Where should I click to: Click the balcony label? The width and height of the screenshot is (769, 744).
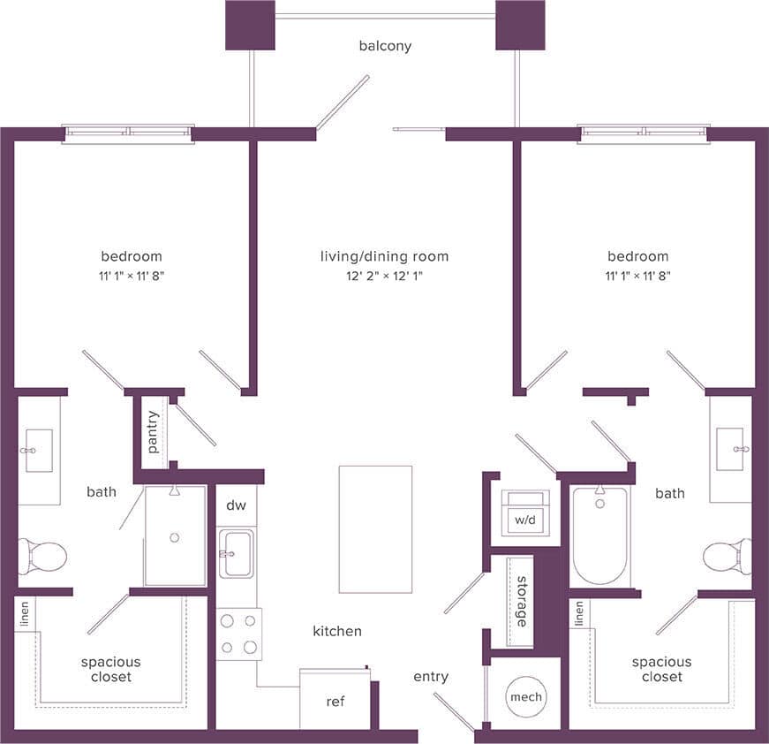click(385, 46)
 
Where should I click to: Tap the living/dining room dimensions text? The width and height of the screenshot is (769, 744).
click(384, 276)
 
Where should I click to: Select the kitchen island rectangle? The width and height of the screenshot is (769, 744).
click(375, 528)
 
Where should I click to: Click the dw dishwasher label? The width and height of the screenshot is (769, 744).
click(237, 507)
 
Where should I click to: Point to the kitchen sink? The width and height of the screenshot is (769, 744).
click(237, 553)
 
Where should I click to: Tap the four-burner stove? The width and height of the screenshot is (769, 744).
click(239, 634)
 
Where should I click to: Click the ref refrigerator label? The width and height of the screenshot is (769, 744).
click(335, 702)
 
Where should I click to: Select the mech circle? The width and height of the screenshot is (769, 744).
click(525, 697)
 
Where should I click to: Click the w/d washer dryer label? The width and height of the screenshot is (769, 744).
click(525, 520)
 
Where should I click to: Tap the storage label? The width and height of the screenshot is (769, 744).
click(522, 602)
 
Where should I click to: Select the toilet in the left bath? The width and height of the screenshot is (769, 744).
click(42, 557)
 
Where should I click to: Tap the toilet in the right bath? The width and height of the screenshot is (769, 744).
click(727, 557)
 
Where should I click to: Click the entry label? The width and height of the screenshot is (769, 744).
click(431, 677)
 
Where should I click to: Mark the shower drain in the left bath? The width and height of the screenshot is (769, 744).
click(175, 537)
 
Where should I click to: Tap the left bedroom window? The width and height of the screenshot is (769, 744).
click(128, 133)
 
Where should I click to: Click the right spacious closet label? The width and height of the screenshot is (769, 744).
click(661, 669)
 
